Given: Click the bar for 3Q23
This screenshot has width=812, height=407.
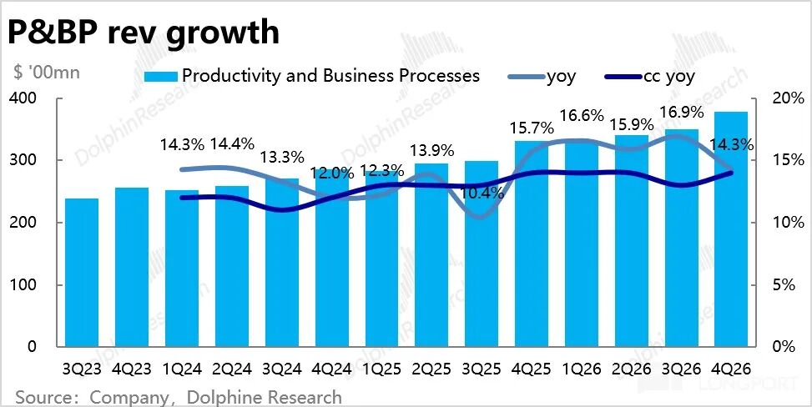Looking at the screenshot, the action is coord(81,273).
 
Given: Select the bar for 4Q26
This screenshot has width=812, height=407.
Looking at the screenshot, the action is coord(731,229).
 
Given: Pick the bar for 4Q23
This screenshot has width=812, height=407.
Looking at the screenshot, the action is coord(132,267).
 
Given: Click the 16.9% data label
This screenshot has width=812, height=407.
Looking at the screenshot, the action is coord(682,113).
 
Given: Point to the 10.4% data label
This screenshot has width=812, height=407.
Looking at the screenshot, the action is coord(482,193).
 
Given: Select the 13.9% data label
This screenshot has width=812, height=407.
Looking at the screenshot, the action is coord(432,151).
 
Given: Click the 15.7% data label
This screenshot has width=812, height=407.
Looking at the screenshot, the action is coord(532,128).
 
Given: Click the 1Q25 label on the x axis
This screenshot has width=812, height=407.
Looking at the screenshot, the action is coord(381,369).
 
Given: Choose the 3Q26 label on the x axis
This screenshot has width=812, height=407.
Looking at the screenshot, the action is coord(681,369).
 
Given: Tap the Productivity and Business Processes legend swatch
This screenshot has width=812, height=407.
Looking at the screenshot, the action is coord(160,77).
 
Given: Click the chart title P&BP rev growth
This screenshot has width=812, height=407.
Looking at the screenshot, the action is coord(143,32).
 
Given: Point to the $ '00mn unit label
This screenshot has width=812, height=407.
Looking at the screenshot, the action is coord(47,73).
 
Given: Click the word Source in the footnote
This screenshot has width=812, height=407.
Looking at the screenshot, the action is coord(44,397).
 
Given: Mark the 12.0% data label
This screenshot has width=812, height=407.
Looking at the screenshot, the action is coord(331,173).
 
